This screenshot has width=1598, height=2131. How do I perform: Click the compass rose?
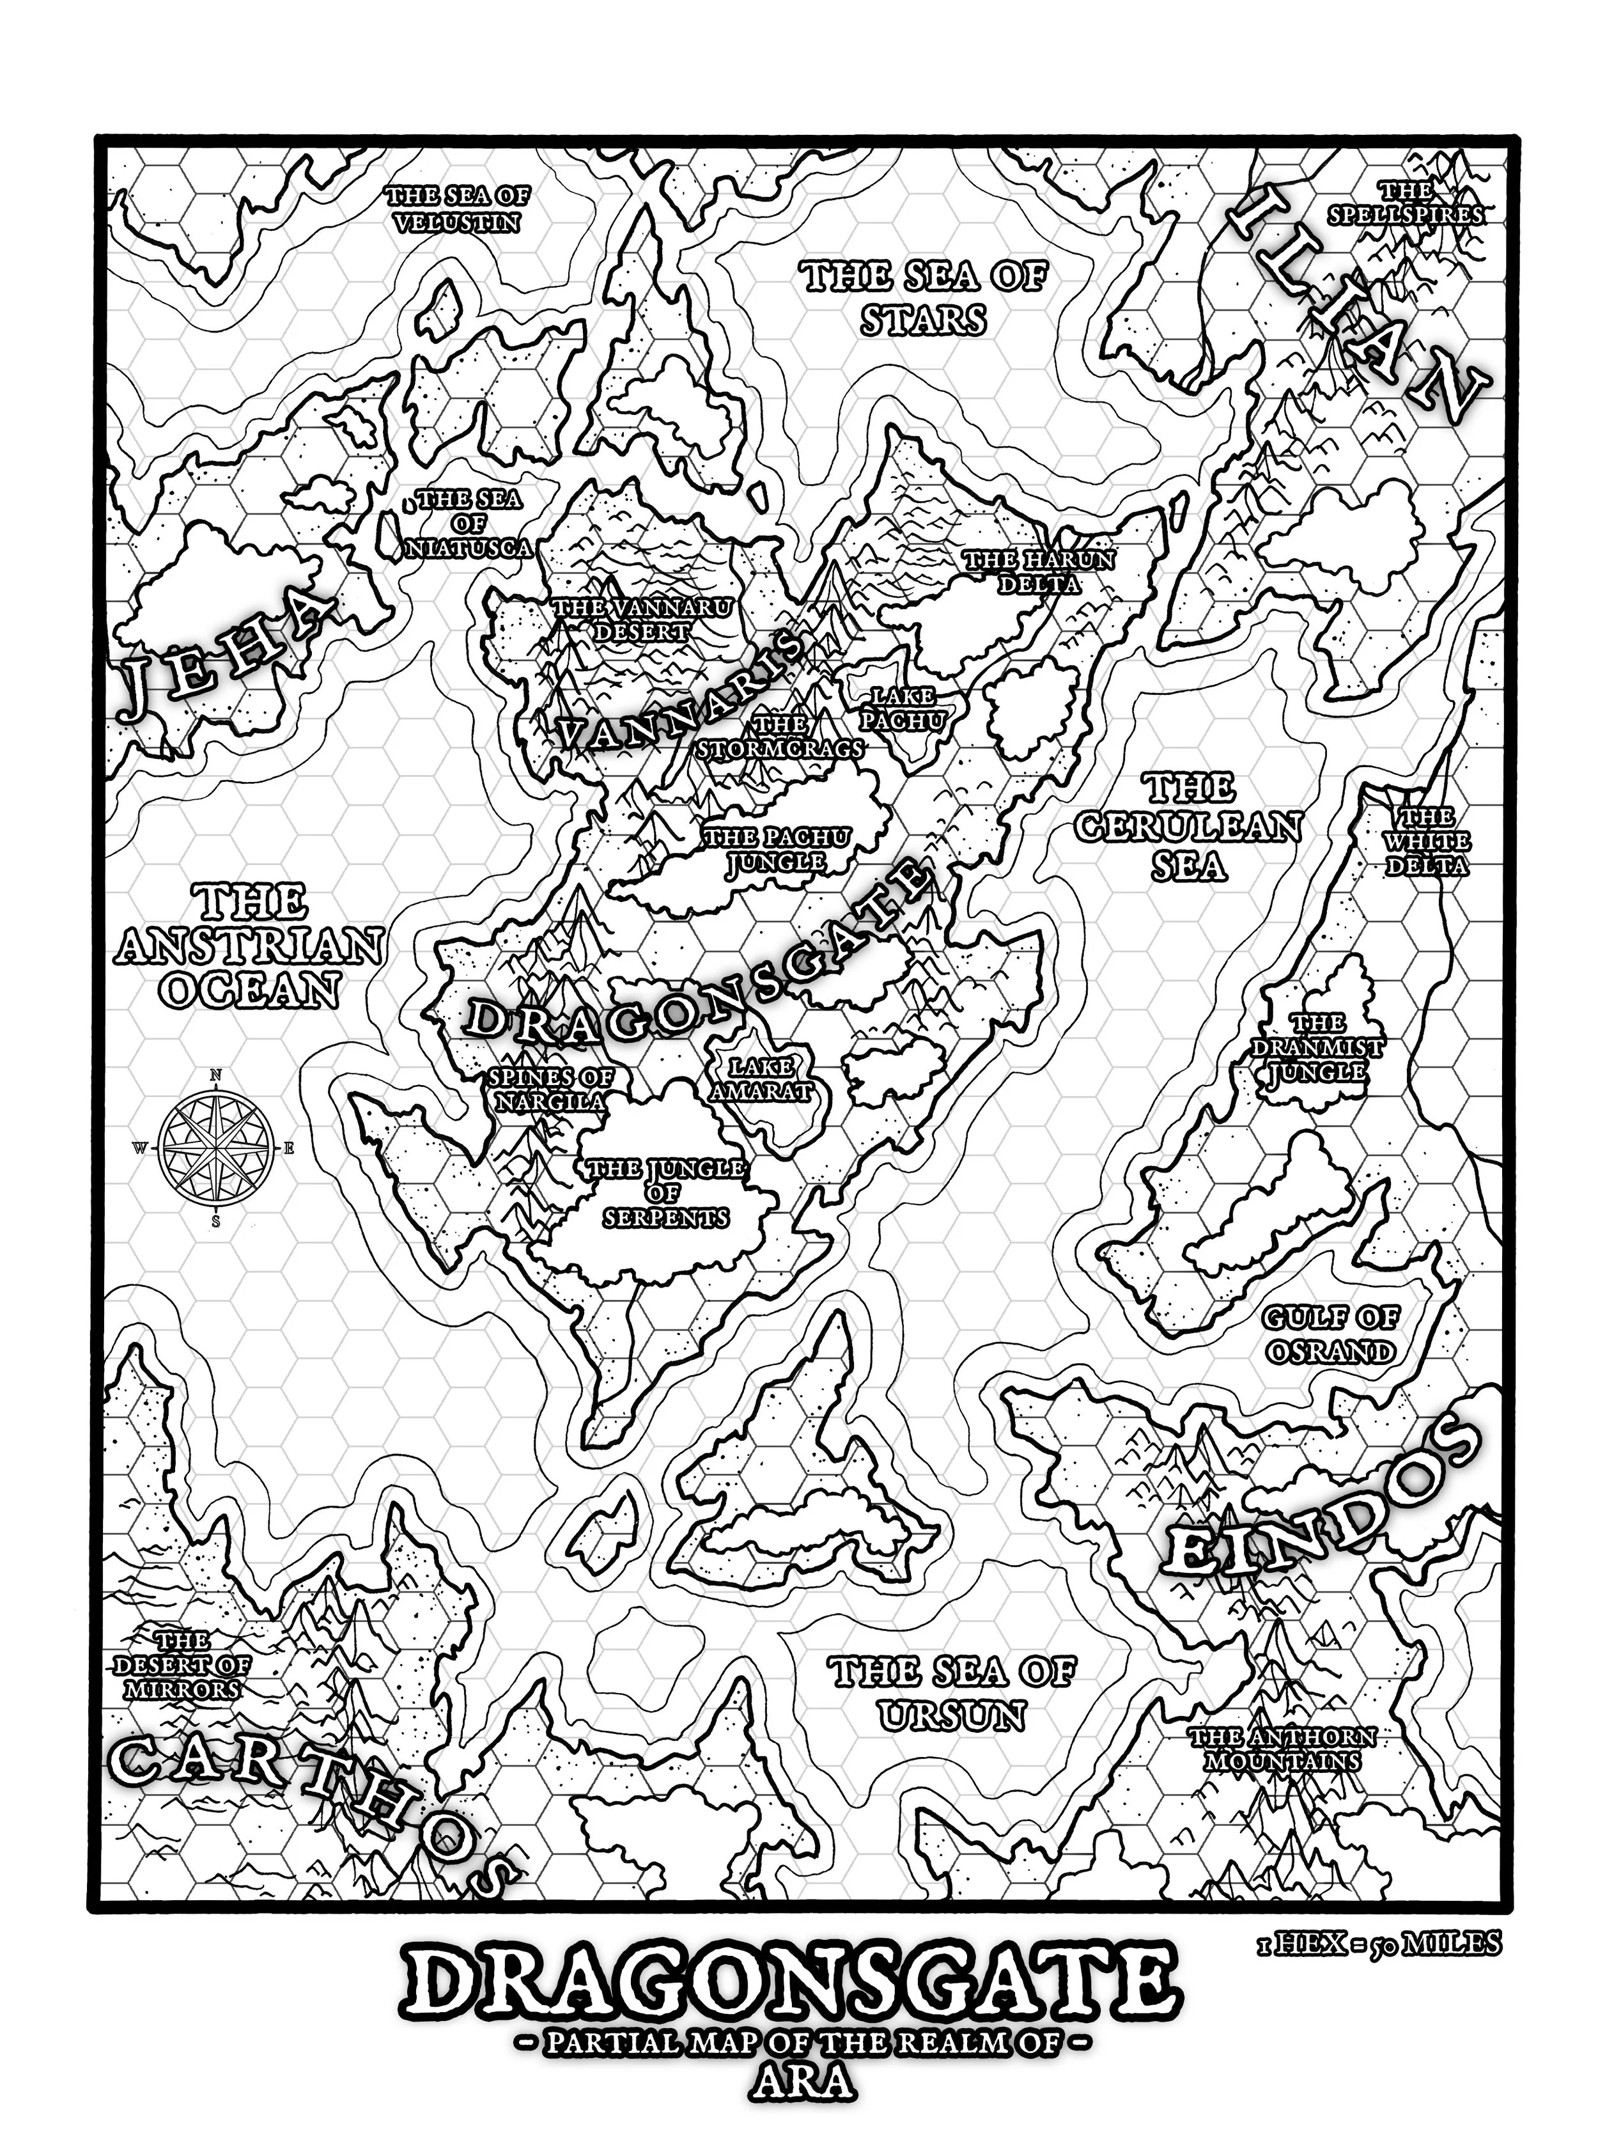pos(217,1148)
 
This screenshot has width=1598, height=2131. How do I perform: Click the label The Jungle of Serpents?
pos(665,1192)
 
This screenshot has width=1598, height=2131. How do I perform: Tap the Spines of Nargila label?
pos(550,1089)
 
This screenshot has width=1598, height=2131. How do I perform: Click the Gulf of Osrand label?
pos(1330,1334)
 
